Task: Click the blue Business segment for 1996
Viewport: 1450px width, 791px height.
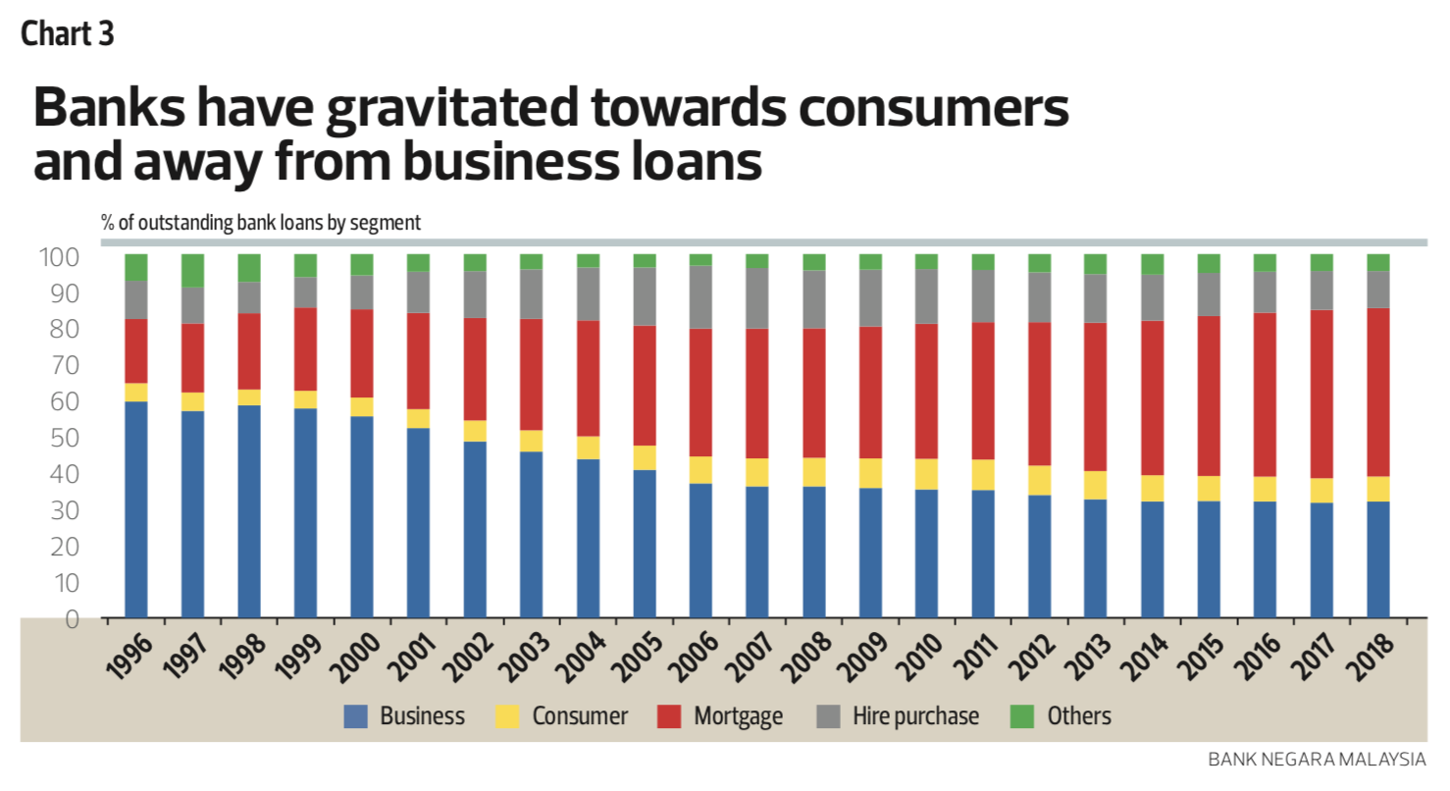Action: pos(136,510)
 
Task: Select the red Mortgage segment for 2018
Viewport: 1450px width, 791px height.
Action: pos(1378,393)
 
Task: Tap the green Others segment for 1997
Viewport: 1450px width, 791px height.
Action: pos(192,271)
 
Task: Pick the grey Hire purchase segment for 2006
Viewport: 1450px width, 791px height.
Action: pos(700,297)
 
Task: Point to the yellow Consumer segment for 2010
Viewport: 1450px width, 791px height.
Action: pos(926,474)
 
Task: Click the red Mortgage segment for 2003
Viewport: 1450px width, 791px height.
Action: pos(532,375)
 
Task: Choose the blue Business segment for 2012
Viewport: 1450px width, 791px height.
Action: pos(1039,556)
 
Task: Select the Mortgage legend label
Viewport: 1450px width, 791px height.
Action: pos(738,716)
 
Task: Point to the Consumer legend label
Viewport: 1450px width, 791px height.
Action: pos(580,716)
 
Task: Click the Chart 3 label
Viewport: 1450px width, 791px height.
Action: pos(68,35)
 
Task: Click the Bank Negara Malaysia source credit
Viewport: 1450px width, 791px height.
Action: pos(1317,759)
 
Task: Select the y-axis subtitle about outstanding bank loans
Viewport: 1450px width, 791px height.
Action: pos(261,223)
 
